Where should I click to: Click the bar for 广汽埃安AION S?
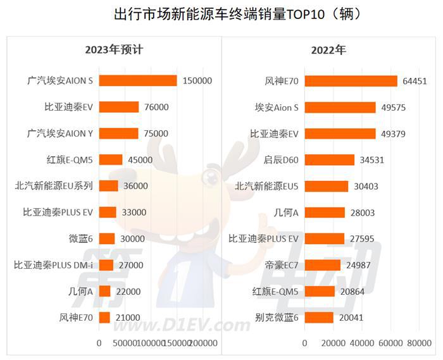coord(138,81)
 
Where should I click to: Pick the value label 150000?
coord(197,81)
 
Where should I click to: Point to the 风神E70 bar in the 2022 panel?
coord(351,81)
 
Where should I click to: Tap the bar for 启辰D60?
coord(330,160)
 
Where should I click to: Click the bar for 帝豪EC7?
coord(323,265)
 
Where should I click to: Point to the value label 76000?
coord(156,107)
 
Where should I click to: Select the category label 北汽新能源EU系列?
coord(54,186)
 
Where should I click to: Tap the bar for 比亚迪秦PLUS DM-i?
coord(106,265)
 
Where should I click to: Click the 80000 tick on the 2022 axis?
coord(418,343)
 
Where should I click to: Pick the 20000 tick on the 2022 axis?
coord(333,343)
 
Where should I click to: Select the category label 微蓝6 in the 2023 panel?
coord(80,239)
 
